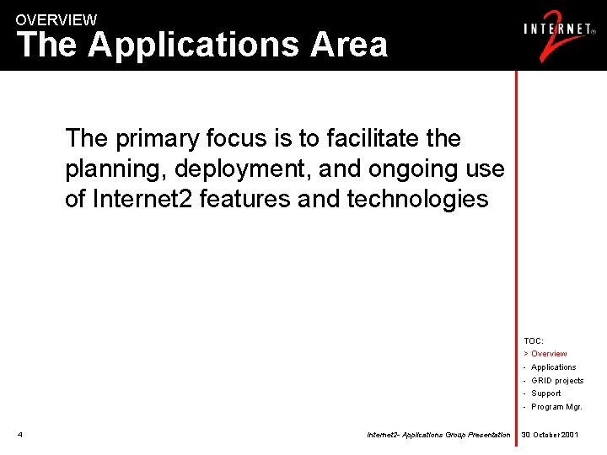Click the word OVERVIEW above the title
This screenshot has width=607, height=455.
56,19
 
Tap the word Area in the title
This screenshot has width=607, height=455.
349,45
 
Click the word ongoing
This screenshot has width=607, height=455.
408,169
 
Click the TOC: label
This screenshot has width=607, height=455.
534,340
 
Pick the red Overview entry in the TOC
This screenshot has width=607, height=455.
548,354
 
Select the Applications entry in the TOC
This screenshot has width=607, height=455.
553,367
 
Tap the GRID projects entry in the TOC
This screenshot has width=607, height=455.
556,381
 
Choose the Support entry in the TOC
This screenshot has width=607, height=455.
545,393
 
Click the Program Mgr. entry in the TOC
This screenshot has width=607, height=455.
556,407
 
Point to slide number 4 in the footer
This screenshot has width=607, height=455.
19,435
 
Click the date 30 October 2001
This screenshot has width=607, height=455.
550,435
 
